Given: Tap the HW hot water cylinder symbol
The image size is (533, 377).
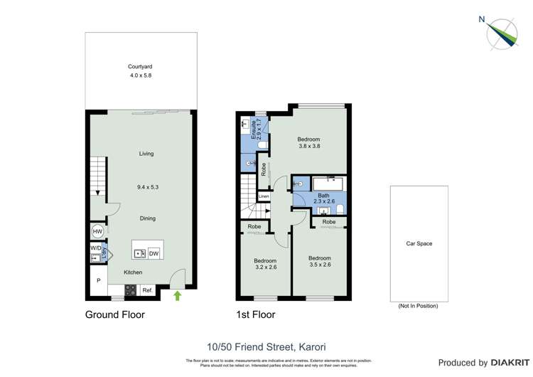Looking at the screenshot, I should [x=97, y=233].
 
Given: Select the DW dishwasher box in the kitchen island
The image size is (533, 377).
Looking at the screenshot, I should [x=154, y=253].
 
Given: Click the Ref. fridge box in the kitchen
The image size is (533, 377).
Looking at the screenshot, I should [x=148, y=290].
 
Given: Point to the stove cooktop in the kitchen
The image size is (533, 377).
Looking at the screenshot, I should [x=131, y=290].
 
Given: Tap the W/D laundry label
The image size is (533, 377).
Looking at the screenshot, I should [x=95, y=248].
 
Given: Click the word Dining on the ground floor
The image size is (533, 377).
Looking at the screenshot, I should [x=147, y=218].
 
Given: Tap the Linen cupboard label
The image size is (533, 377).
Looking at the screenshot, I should [x=264, y=196].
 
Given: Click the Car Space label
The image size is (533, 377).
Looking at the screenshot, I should [x=419, y=244].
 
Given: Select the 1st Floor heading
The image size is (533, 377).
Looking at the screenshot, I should [x=256, y=314].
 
